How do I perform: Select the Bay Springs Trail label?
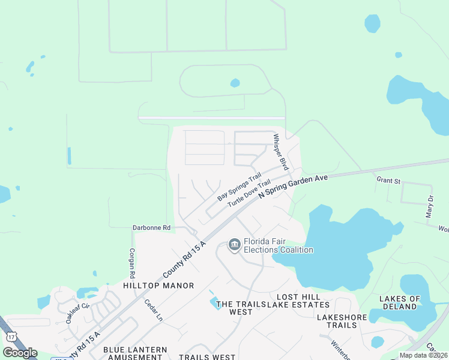point(240,187)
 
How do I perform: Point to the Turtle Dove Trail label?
point(245,196)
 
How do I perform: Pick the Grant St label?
point(388,180)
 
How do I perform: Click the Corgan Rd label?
point(131,263)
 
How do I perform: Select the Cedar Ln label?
point(153,310)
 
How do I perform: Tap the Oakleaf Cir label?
point(77,313)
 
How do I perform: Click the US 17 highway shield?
point(10,336)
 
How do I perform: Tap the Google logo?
point(20,353)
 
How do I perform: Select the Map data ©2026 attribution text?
point(423,355)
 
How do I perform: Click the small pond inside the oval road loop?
point(235,83)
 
